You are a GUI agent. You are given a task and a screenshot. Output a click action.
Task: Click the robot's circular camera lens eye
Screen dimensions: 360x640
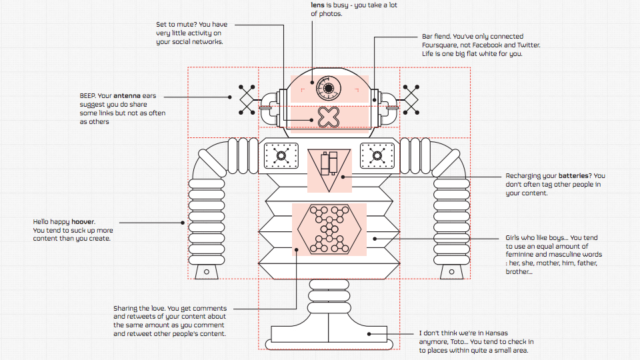point(327,88)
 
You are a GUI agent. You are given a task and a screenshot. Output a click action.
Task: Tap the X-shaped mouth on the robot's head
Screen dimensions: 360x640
point(328,117)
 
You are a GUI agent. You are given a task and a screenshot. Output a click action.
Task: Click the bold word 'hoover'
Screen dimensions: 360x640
point(84,222)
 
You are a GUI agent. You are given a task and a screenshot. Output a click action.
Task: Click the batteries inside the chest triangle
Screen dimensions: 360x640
point(329,163)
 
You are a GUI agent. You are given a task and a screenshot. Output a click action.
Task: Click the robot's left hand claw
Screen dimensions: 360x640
point(207,269)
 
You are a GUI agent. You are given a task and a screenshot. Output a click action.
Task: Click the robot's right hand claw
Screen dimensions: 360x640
point(451,269)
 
